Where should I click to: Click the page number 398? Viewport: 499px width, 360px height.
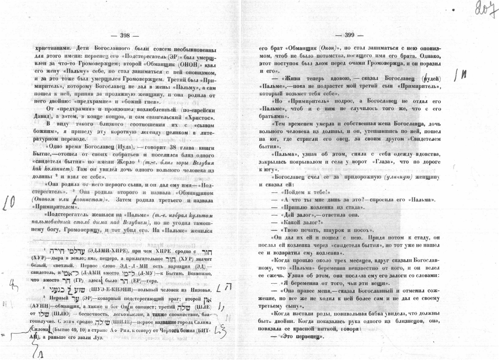(x=125, y=35)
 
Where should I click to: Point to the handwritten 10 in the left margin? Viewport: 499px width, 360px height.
(x=10, y=203)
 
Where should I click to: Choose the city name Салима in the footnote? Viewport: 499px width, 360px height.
(x=201, y=322)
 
